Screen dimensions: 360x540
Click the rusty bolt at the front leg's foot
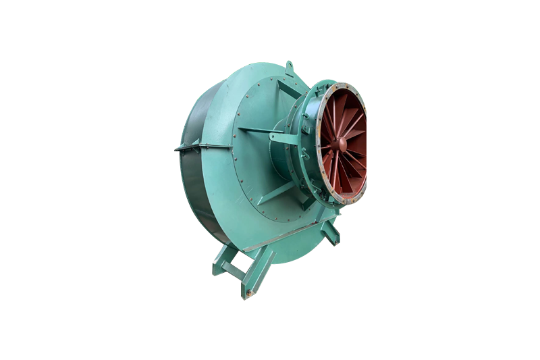248,293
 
